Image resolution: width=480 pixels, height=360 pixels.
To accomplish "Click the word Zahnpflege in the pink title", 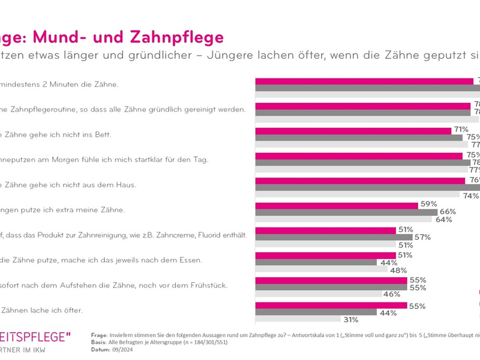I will [177, 37].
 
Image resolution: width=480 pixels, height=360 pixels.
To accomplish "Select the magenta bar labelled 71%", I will [353, 130].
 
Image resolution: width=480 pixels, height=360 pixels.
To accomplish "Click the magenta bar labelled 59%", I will [337, 205].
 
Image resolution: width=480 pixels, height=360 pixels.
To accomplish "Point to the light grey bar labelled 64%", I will [344, 220].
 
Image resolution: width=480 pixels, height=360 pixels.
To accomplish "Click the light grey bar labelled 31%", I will [298, 319].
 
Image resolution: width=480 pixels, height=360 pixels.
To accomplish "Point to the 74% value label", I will [470, 195].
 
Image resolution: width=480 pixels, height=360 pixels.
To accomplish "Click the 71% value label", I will [461, 130].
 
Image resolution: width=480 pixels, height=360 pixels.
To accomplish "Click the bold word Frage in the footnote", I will [100, 335].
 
